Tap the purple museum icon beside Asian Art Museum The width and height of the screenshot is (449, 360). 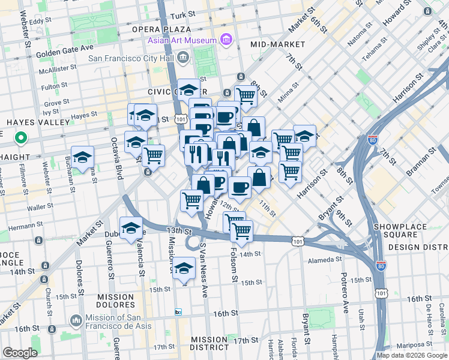pyautogui.click(x=226, y=41)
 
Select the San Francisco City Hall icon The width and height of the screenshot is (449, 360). pyautogui.click(x=183, y=58)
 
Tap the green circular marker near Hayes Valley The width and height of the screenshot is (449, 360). pyautogui.click(x=20, y=139)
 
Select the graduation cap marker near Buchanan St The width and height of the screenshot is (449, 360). pyautogui.click(x=83, y=158)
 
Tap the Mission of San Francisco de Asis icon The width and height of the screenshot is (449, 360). pyautogui.click(x=76, y=321)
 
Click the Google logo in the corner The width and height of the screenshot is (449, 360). pyautogui.click(x=20, y=353)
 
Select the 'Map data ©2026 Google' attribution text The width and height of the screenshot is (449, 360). pyautogui.click(x=412, y=355)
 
